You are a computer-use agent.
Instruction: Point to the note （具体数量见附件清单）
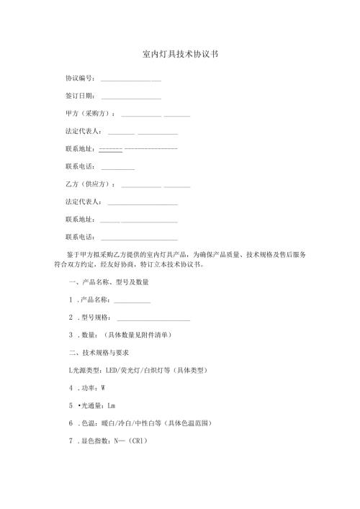pyautogui.click(x=138, y=335)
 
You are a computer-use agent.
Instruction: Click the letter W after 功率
pyautogui.click(x=104, y=387)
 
